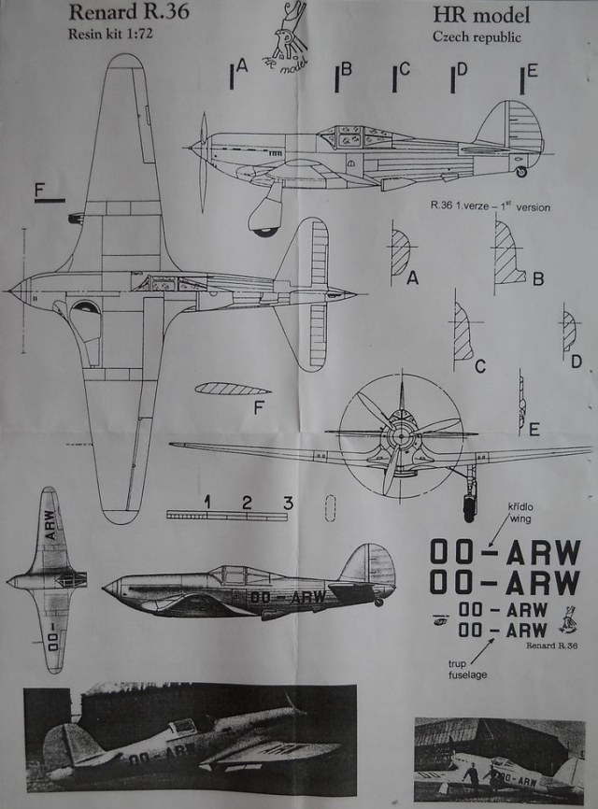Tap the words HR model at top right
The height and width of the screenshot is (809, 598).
coord(479,16)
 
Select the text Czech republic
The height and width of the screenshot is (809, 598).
coord(477,37)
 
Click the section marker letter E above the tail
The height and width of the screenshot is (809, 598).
coord(532,72)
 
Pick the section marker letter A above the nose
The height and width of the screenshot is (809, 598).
coord(241,66)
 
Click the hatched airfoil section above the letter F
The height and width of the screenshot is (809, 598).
coord(234,390)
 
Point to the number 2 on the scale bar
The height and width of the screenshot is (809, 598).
coord(247,504)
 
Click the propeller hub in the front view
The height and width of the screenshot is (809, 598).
coord(402,433)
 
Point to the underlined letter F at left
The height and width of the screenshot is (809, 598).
coord(39,190)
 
